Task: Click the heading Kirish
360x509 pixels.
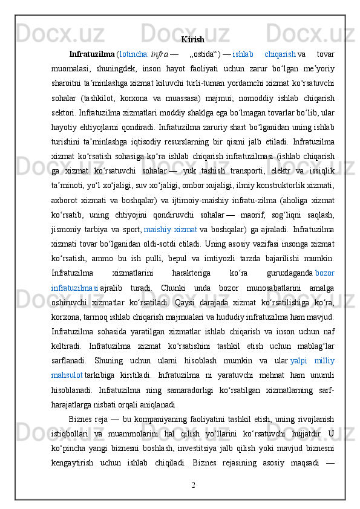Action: coord(192,39)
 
